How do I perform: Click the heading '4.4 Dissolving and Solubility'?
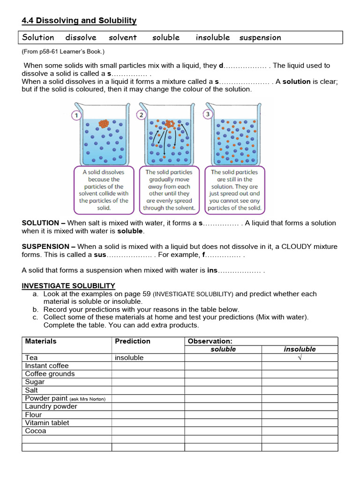click(x=79, y=21)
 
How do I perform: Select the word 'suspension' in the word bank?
click(x=260, y=37)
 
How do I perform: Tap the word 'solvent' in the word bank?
click(x=123, y=37)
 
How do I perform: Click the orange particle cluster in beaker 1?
click(x=103, y=124)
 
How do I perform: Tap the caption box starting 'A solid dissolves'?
click(x=103, y=190)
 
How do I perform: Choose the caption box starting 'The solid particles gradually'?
click(x=169, y=190)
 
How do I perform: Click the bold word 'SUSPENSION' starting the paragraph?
click(x=41, y=247)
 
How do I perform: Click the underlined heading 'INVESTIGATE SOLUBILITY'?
click(x=68, y=286)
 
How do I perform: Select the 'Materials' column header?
click(x=41, y=341)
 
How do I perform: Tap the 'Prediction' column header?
click(x=133, y=341)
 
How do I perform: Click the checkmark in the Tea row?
click(x=300, y=358)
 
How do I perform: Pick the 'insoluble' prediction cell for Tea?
click(x=129, y=358)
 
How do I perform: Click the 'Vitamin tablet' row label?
click(x=47, y=423)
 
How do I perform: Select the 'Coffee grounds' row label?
click(x=50, y=374)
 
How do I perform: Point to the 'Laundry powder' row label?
click(x=51, y=406)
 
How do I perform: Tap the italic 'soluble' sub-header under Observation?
click(x=223, y=349)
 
